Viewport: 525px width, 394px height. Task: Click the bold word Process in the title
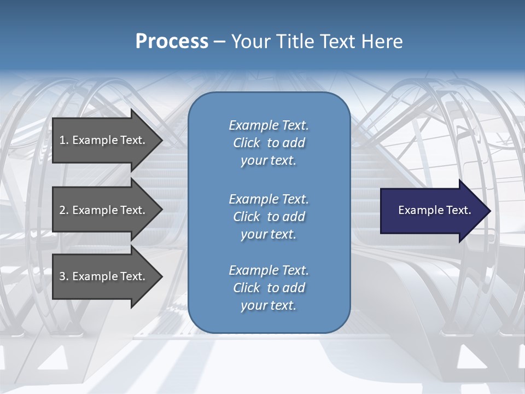[172, 42]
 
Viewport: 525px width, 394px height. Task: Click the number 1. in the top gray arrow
[63, 140]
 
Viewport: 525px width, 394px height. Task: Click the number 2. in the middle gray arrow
[63, 210]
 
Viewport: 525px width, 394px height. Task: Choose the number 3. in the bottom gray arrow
[63, 276]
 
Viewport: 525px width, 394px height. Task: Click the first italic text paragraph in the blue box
[269, 143]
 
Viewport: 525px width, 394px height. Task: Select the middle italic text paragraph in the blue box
[269, 217]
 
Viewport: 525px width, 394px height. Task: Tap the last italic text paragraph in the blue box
[269, 288]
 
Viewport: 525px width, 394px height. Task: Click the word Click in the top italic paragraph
[247, 143]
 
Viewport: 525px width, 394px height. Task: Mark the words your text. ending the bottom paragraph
[269, 305]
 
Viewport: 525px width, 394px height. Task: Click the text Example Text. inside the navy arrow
[434, 210]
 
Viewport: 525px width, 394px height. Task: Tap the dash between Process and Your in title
[219, 42]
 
